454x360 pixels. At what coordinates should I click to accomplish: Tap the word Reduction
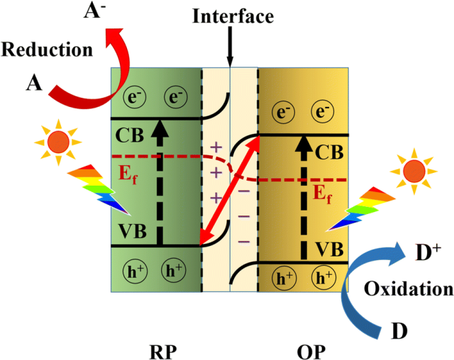(47, 50)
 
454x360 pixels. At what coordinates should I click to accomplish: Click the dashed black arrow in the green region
(160, 184)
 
